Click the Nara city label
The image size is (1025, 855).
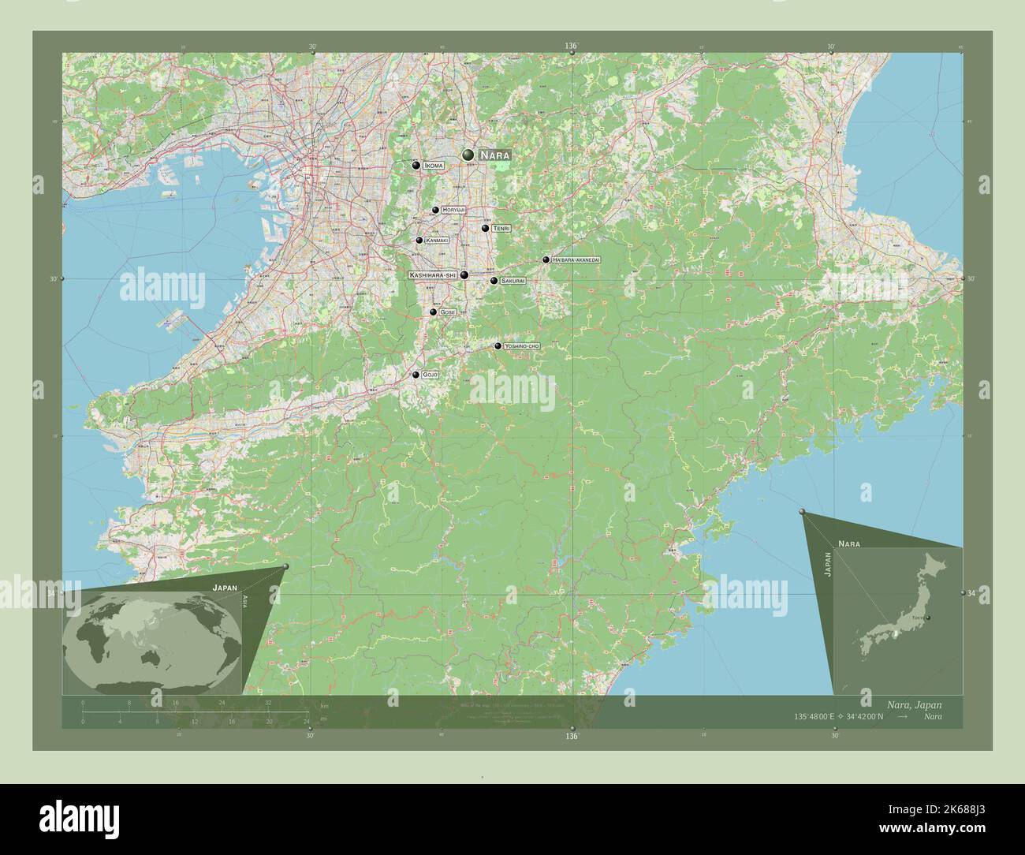tap(494, 155)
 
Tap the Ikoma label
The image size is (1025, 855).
tap(433, 166)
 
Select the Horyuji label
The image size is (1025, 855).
tap(453, 210)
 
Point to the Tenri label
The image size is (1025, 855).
tap(501, 228)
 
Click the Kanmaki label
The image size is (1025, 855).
tap(436, 240)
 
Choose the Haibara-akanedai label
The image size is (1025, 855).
tap(576, 259)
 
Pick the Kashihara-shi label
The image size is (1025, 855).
tap(433, 274)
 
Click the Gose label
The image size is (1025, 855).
tap(448, 312)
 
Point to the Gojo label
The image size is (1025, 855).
tap(430, 375)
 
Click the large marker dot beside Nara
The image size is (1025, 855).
tap(469, 155)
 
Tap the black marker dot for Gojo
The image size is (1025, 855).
tap(416, 375)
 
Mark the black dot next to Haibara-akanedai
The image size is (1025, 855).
tap(546, 259)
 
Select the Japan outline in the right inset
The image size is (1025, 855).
tap(899, 615)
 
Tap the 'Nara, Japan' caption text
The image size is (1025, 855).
tap(913, 704)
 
